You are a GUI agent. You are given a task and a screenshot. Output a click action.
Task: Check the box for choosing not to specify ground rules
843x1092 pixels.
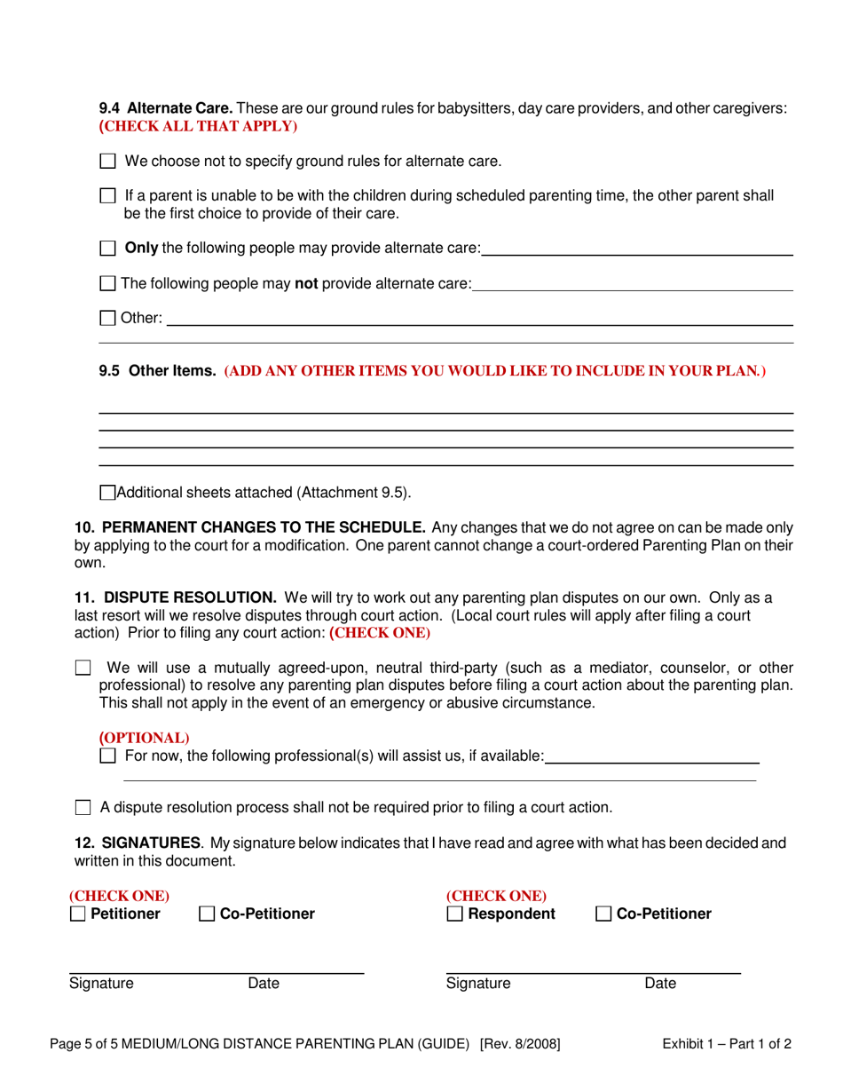pyautogui.click(x=107, y=162)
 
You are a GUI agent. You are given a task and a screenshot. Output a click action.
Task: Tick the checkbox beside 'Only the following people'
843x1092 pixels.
pyautogui.click(x=107, y=249)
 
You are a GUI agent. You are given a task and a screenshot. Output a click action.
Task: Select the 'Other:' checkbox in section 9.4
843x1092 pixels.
pyautogui.click(x=107, y=317)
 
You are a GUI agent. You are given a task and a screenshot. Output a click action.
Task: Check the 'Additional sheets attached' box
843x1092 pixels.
pyautogui.click(x=107, y=493)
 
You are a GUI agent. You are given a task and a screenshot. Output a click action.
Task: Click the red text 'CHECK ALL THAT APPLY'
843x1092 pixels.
pyautogui.click(x=197, y=126)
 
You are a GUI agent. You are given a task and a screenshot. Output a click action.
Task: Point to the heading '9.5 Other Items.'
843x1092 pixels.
pyautogui.click(x=157, y=371)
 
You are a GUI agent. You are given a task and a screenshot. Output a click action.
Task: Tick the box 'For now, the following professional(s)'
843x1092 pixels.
pyautogui.click(x=107, y=756)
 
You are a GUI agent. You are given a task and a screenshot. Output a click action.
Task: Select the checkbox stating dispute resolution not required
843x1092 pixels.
pyautogui.click(x=83, y=808)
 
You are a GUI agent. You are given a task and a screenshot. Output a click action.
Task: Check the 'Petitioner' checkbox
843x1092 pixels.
pyautogui.click(x=78, y=914)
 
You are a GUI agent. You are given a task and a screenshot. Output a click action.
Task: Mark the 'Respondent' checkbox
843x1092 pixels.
pyautogui.click(x=454, y=914)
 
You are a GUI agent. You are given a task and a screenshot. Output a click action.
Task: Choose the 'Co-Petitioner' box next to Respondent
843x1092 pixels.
pyautogui.click(x=603, y=914)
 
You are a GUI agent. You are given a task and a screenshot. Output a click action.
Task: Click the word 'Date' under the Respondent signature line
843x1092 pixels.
pyautogui.click(x=660, y=983)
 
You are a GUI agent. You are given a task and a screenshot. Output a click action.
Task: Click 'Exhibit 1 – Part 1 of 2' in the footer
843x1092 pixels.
pyautogui.click(x=727, y=1044)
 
